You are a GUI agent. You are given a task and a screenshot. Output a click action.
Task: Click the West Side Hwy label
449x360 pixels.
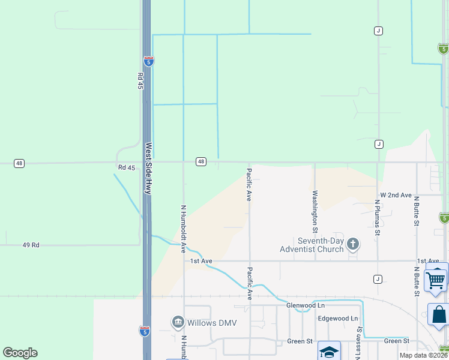click(x=147, y=167)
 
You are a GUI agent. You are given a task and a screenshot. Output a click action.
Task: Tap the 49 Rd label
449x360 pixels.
click(x=31, y=245)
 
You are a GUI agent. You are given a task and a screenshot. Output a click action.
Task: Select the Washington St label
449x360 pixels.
click(x=314, y=212)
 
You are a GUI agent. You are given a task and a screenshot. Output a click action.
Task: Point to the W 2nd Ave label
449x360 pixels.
click(x=396, y=196)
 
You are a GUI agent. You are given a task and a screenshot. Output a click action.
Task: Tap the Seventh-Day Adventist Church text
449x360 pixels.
click(x=312, y=245)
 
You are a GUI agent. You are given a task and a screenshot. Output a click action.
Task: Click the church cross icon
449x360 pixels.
click(x=354, y=244)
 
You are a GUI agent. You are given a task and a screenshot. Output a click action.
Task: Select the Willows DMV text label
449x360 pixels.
click(x=212, y=323)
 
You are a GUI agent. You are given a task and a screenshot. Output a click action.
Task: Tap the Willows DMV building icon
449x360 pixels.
click(x=178, y=323)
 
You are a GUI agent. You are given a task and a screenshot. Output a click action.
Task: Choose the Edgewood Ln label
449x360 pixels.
click(x=337, y=318)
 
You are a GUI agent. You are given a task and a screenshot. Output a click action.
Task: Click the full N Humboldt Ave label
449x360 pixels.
click(x=184, y=229)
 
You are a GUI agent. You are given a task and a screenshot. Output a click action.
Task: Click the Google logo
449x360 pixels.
click(x=20, y=353)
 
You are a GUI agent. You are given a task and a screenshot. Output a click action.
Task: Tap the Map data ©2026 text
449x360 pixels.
click(x=424, y=355)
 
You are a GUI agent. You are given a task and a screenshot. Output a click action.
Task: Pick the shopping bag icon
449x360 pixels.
click(x=439, y=314)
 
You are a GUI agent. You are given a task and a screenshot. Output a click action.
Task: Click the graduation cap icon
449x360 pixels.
click(x=329, y=351)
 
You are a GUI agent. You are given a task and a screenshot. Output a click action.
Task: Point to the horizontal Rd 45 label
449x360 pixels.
click(x=127, y=167)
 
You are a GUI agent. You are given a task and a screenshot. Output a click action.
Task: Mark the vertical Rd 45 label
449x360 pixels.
click(x=140, y=81)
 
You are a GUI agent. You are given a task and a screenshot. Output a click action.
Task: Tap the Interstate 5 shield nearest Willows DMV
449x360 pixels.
click(x=145, y=331)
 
